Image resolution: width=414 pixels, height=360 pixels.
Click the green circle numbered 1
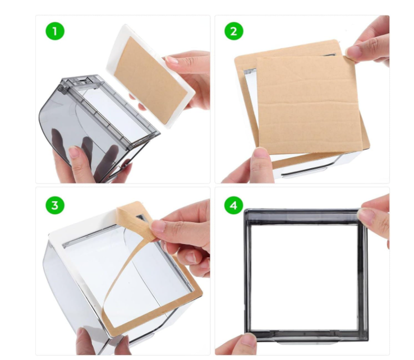[x=55, y=31]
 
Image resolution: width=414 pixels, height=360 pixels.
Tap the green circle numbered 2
[x=234, y=31]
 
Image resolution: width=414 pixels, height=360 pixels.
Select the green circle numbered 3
[x=55, y=205]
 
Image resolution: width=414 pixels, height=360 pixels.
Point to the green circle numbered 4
[x=234, y=205]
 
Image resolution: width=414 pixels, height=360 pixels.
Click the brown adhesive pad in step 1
[x=151, y=81]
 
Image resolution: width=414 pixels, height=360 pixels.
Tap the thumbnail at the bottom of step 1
[x=75, y=153]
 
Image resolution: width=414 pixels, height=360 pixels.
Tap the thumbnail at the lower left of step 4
[x=249, y=339]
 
